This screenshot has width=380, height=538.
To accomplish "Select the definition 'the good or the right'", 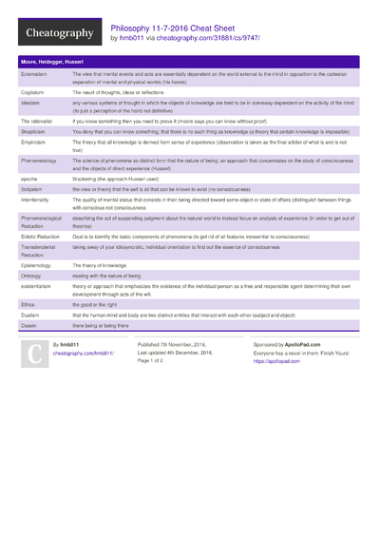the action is point(99,303).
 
